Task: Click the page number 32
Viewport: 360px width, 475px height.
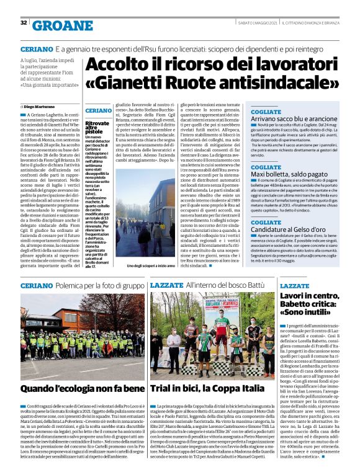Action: point(23,23)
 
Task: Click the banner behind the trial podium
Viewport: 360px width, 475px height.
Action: point(215,307)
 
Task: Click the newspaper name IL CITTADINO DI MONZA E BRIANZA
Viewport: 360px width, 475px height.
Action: point(317,23)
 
